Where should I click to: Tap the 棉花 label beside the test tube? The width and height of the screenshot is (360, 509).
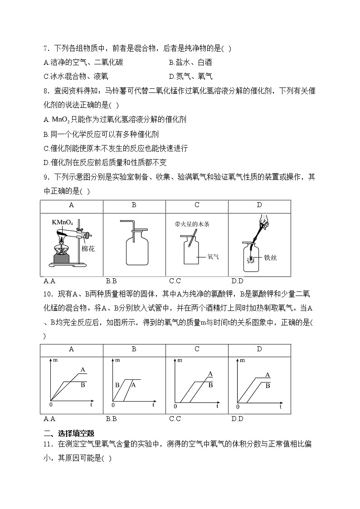88,248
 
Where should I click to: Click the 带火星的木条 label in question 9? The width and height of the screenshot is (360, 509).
192,224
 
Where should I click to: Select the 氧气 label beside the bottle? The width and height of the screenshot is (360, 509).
213,257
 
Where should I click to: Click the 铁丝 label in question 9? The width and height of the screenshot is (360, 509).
271,257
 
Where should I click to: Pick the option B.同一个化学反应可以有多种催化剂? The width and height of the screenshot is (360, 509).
101,134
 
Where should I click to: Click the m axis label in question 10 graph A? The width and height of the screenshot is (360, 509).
55,360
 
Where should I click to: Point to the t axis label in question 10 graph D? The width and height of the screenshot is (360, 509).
280,407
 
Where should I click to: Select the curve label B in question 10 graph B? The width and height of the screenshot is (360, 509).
117,385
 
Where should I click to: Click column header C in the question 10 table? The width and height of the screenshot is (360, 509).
197,349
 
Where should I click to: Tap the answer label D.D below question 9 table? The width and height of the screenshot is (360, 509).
237,280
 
